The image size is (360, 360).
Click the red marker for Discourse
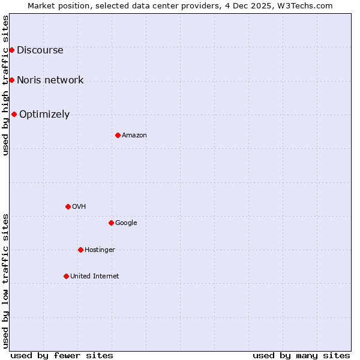click(11, 50)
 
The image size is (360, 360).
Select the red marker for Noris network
click(11, 80)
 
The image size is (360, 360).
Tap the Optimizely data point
click(14, 114)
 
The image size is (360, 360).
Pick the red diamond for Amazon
click(118, 135)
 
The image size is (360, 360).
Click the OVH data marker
click(68, 206)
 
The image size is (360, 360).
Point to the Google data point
click(111, 223)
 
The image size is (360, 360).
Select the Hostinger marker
click(80, 250)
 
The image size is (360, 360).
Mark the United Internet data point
click(66, 276)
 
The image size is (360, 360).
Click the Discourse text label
click(40, 50)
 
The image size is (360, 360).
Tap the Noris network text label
click(50, 80)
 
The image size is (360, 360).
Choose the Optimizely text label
click(44, 115)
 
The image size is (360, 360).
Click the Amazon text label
click(134, 136)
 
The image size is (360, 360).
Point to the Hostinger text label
click(100, 250)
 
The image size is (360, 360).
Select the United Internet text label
click(95, 277)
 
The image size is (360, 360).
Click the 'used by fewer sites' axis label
click(62, 355)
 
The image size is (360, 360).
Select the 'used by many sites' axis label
click(301, 355)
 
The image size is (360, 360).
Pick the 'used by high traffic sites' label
click(5, 85)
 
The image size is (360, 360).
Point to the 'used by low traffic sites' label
click(5, 281)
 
